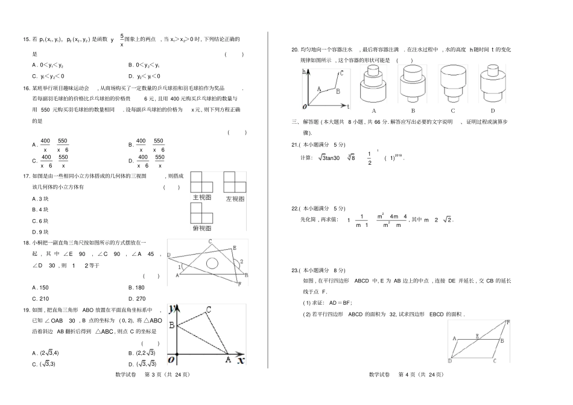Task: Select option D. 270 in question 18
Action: pyautogui.click(x=138, y=298)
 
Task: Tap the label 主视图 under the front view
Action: pyautogui.click(x=201, y=197)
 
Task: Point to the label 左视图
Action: pyautogui.click(x=235, y=199)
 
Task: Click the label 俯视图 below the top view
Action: pyautogui.click(x=201, y=229)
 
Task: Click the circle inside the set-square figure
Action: pyautogui.click(x=212, y=263)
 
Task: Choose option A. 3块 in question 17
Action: pyautogui.click(x=40, y=199)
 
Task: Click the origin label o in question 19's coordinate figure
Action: pyautogui.click(x=171, y=360)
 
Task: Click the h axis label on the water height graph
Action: pyautogui.click(x=305, y=72)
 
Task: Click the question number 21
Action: pyautogui.click(x=296, y=145)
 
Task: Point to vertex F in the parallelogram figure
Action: pyautogui.click(x=508, y=322)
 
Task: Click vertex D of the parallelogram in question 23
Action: pyautogui.click(x=450, y=361)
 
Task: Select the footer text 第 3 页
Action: pyautogui.click(x=154, y=374)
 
